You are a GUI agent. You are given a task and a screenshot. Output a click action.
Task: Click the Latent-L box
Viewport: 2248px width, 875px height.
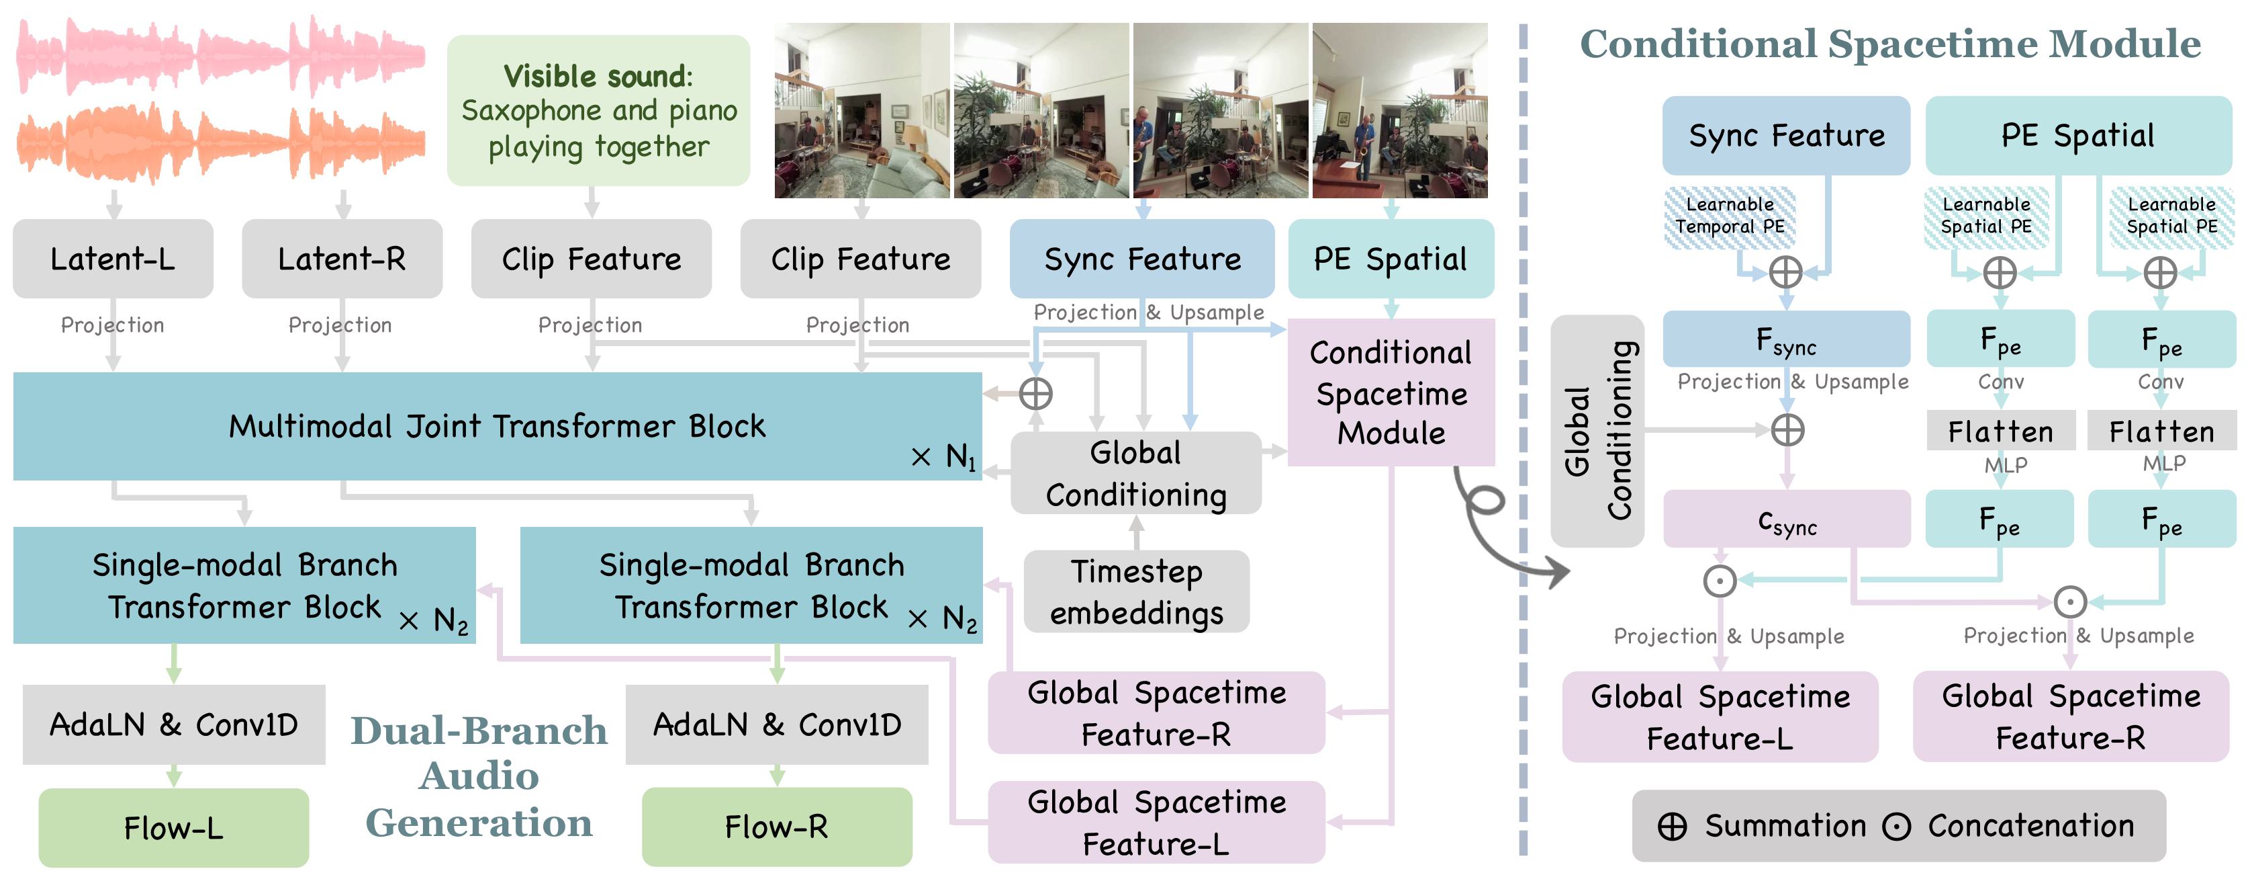pyautogui.click(x=113, y=259)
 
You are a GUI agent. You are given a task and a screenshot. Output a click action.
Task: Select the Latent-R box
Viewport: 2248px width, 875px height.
pyautogui.click(x=341, y=259)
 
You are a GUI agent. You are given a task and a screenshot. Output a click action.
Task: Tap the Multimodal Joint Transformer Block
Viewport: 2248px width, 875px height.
pyautogui.click(x=498, y=426)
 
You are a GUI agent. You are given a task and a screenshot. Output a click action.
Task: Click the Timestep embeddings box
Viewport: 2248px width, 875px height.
pyautogui.click(x=1136, y=591)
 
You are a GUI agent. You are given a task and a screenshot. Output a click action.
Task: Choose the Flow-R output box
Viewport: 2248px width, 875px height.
pyautogui.click(x=777, y=826)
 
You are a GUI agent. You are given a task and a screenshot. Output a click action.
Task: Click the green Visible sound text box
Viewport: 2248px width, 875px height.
pyautogui.click(x=599, y=111)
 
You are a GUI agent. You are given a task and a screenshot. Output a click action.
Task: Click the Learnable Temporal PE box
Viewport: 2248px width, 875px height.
pyautogui.click(x=1729, y=216)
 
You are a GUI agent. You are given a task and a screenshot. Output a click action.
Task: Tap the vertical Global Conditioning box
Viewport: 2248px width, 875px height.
pyautogui.click(x=1597, y=431)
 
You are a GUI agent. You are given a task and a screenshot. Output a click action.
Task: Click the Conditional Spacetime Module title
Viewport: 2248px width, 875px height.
pyautogui.click(x=1890, y=44)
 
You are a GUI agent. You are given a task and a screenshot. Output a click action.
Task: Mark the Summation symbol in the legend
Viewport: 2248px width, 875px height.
pyautogui.click(x=1672, y=826)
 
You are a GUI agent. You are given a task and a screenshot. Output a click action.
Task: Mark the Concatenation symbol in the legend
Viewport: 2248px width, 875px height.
pyautogui.click(x=1896, y=826)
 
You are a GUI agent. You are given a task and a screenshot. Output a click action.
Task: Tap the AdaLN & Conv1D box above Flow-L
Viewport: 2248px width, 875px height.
pyautogui.click(x=174, y=725)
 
